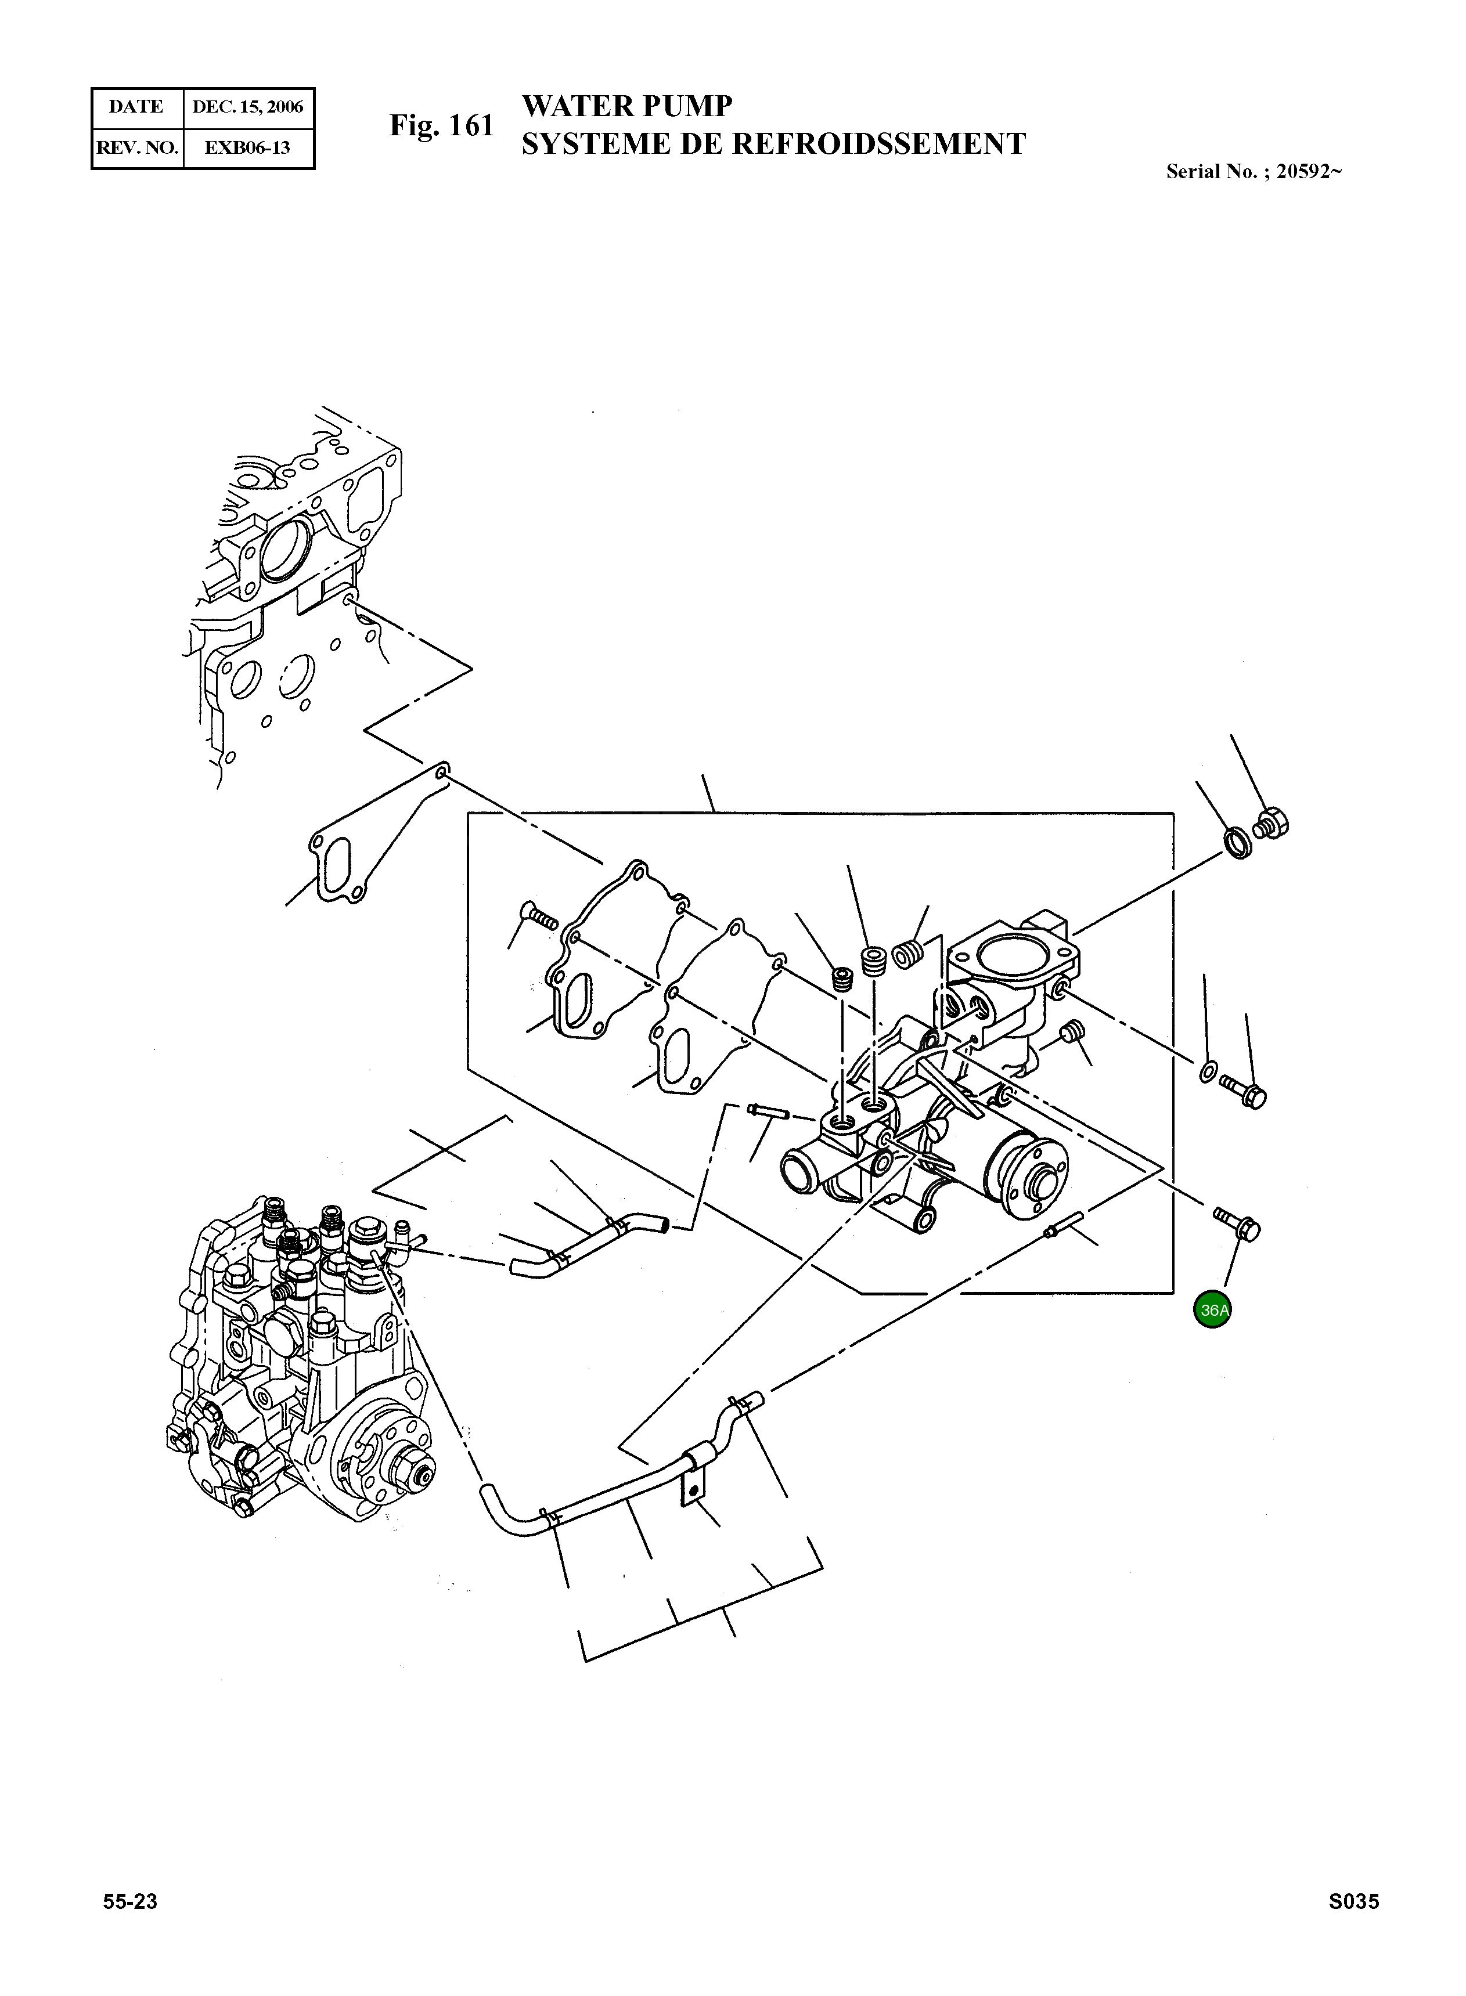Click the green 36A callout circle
click(1212, 1309)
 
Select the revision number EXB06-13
click(247, 148)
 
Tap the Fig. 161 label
click(441, 126)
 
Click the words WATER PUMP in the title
click(626, 106)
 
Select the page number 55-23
click(131, 1901)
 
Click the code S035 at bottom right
click(1353, 1901)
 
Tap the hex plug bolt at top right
click(1273, 822)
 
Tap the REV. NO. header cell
click(136, 148)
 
